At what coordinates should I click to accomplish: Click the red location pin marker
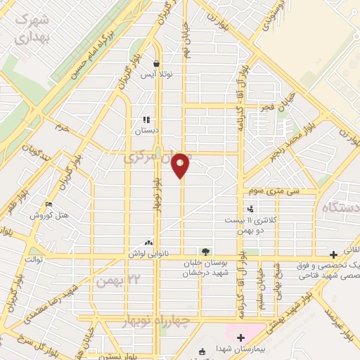click(x=181, y=165)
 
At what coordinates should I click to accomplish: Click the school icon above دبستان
click(x=147, y=120)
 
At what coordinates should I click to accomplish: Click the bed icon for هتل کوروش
click(x=47, y=205)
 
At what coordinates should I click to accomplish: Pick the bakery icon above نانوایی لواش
click(x=148, y=241)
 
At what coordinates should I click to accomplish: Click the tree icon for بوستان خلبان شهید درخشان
click(x=205, y=250)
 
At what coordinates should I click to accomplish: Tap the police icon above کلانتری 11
click(x=250, y=209)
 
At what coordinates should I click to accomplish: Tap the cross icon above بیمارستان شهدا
click(x=241, y=338)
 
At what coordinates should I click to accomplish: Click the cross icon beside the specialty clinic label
click(x=334, y=254)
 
